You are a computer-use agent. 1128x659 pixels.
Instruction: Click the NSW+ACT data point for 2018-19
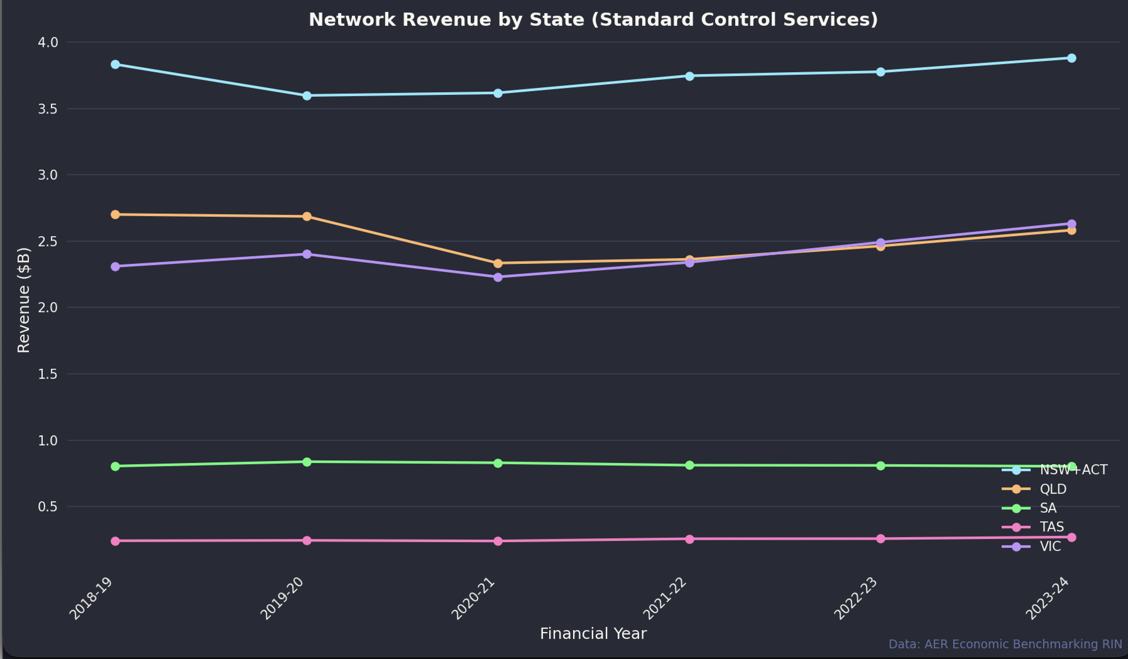(115, 64)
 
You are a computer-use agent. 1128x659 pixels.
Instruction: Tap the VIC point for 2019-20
(307, 254)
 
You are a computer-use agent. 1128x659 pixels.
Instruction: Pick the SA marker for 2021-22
(689, 465)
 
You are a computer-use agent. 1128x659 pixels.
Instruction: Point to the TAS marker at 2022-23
(880, 539)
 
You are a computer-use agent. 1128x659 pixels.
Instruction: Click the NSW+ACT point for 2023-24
(1071, 58)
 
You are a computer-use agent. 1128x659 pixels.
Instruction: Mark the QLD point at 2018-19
(115, 215)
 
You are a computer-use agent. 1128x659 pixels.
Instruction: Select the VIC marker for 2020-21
(498, 277)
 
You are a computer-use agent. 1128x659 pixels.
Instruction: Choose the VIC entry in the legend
(1050, 546)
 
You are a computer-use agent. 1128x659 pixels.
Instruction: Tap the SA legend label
(1048, 508)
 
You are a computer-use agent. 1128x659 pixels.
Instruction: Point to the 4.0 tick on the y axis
(48, 42)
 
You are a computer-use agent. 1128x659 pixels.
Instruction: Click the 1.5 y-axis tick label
(48, 374)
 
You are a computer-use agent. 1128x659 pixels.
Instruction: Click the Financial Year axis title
(593, 634)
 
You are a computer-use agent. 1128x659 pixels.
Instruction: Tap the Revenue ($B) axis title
(23, 300)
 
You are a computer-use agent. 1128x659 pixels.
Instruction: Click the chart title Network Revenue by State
(593, 20)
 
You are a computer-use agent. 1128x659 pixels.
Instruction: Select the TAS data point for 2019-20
(307, 541)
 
